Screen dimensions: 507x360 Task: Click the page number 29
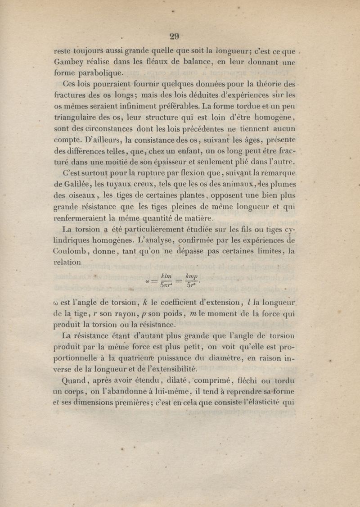(174, 37)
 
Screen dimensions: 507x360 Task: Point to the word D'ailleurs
(98, 139)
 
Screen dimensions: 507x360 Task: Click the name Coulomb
(71, 251)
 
